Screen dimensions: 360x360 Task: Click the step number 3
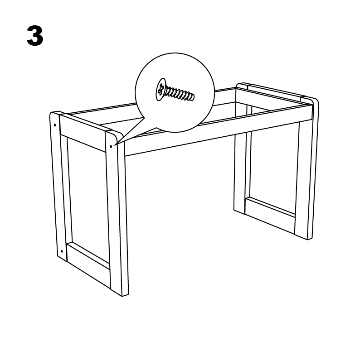pyautogui.click(x=35, y=36)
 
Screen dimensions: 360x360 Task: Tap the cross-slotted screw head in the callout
pyautogui.click(x=161, y=89)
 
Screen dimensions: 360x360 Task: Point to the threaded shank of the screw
pyautogui.click(x=180, y=94)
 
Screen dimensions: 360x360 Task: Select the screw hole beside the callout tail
pyautogui.click(x=111, y=146)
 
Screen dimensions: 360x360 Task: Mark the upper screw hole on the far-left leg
pyautogui.click(x=55, y=125)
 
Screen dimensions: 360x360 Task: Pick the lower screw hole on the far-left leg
pyautogui.click(x=61, y=251)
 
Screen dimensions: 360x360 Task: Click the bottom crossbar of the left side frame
pyautogui.click(x=88, y=255)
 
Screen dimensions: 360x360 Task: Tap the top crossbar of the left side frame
pyautogui.click(x=83, y=133)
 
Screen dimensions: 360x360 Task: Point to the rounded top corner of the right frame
pyautogui.click(x=316, y=101)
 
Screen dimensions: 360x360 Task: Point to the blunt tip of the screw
pyautogui.click(x=193, y=97)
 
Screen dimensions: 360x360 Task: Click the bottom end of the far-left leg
pyautogui.click(x=62, y=258)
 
